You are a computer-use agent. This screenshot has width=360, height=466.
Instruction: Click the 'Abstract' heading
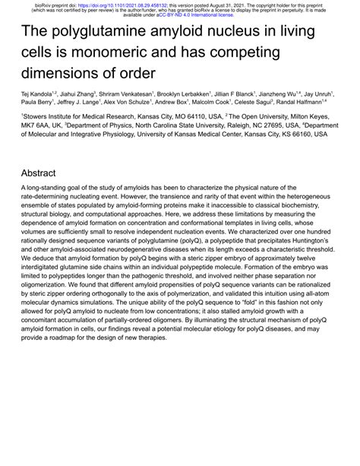coord(39,173)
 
